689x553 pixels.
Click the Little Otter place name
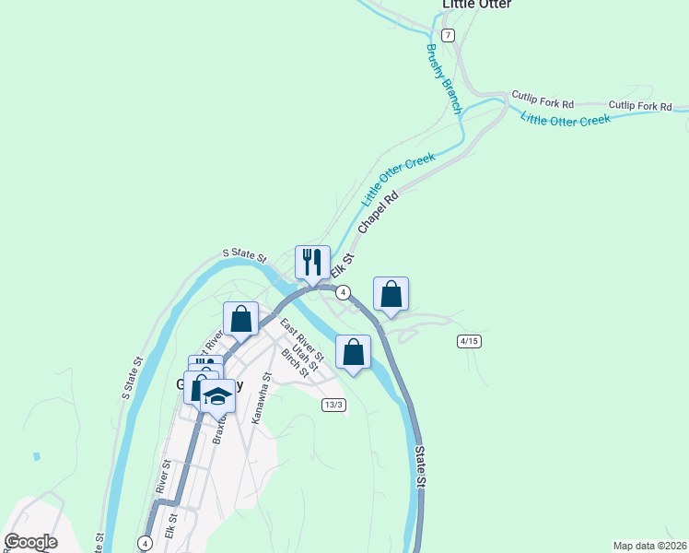pyautogui.click(x=476, y=5)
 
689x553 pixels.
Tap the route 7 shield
pyautogui.click(x=448, y=35)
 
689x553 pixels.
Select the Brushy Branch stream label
pyautogui.click(x=444, y=79)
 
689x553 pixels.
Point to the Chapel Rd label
pyautogui.click(x=379, y=211)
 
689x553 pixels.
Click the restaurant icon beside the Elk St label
pyautogui.click(x=312, y=262)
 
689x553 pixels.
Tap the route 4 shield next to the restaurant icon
pyautogui.click(x=343, y=292)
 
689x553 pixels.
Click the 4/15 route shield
pyautogui.click(x=469, y=341)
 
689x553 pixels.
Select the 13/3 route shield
pyautogui.click(x=333, y=405)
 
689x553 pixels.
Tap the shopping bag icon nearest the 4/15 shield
pyautogui.click(x=391, y=295)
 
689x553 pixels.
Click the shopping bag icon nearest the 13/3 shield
pyautogui.click(x=353, y=352)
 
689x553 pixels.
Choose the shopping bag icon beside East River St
pyautogui.click(x=240, y=320)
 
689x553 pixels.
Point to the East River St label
pyautogui.click(x=302, y=339)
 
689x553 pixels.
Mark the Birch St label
pyautogui.click(x=295, y=363)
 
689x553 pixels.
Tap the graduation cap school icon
pyautogui.click(x=217, y=397)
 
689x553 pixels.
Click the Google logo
pyautogui.click(x=30, y=542)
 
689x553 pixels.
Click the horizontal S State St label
pyautogui.click(x=244, y=254)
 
